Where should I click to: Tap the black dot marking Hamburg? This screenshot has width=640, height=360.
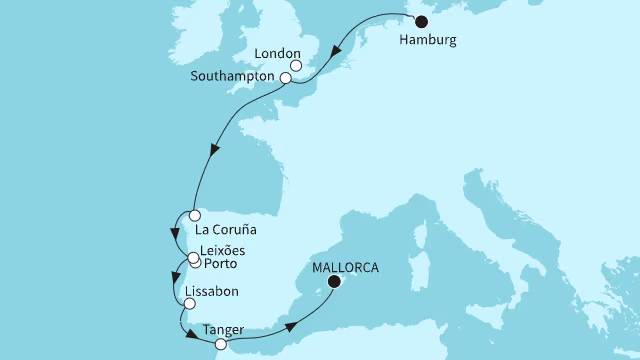click(x=421, y=22)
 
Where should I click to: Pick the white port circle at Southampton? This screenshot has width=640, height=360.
click(x=286, y=78)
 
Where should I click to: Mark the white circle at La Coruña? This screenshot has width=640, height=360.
click(x=192, y=215)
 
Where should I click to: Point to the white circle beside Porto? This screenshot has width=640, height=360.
click(x=196, y=265)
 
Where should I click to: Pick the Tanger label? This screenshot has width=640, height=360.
click(x=223, y=328)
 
